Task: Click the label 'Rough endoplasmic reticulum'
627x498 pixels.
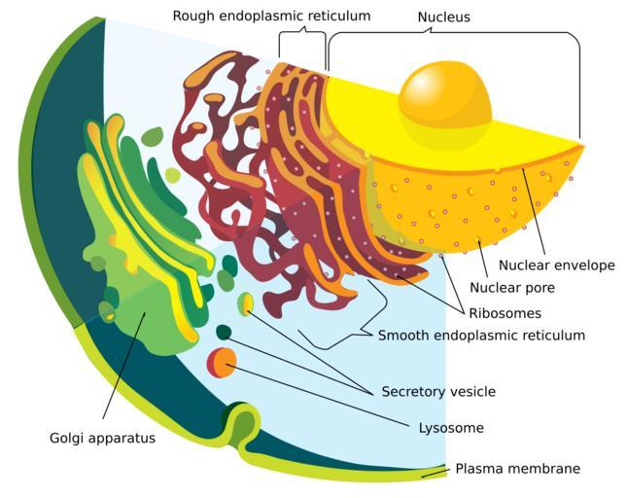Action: pos(271,16)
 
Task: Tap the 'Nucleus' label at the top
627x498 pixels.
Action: pos(443,17)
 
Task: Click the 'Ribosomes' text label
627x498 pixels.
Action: pos(505,313)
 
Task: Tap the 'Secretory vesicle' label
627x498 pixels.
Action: pos(437,391)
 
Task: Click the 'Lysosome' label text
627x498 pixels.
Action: pos(451,427)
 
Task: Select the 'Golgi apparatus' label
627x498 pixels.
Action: pos(102,438)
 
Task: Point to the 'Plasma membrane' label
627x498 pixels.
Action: pos(517,468)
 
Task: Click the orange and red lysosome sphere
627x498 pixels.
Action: pos(222,363)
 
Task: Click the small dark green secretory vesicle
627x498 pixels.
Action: pos(224,332)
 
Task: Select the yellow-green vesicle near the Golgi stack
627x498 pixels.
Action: pos(246,302)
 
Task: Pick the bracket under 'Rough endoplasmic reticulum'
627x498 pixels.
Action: pos(302,37)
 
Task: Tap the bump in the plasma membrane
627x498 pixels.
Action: pos(244,420)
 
